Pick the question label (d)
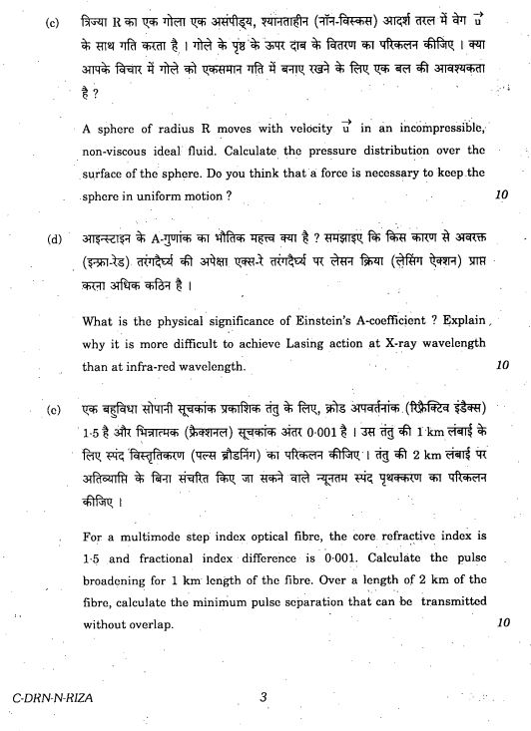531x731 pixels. click(x=55, y=239)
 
